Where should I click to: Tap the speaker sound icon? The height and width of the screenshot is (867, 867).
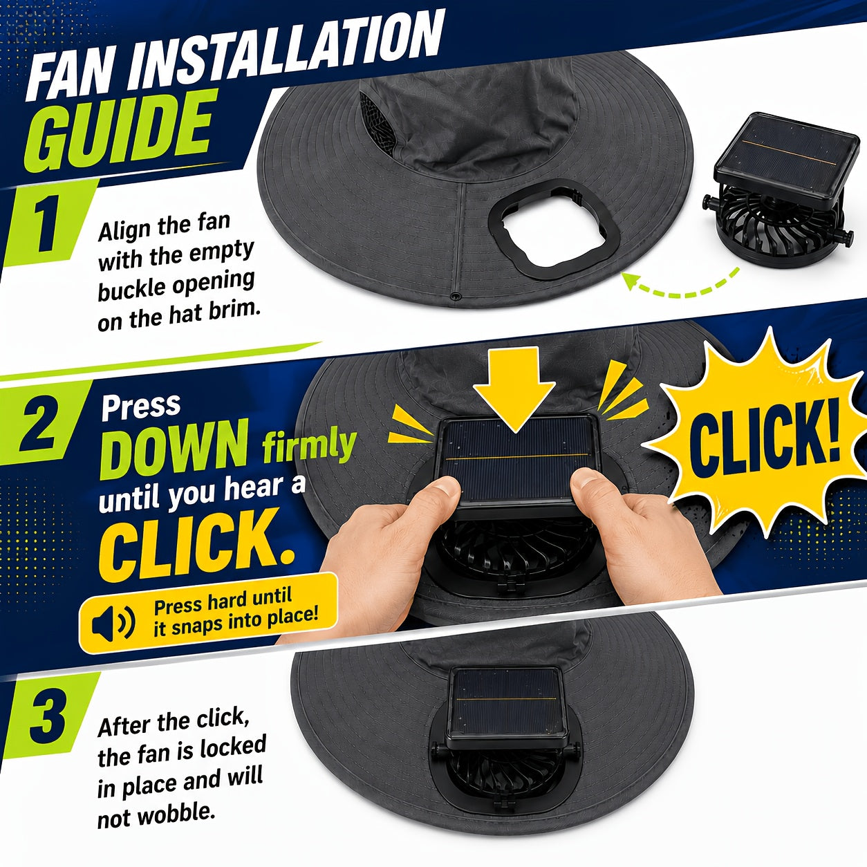pos(113,624)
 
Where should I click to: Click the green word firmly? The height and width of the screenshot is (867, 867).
pos(309,445)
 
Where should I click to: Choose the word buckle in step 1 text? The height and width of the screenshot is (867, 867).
pos(132,290)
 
